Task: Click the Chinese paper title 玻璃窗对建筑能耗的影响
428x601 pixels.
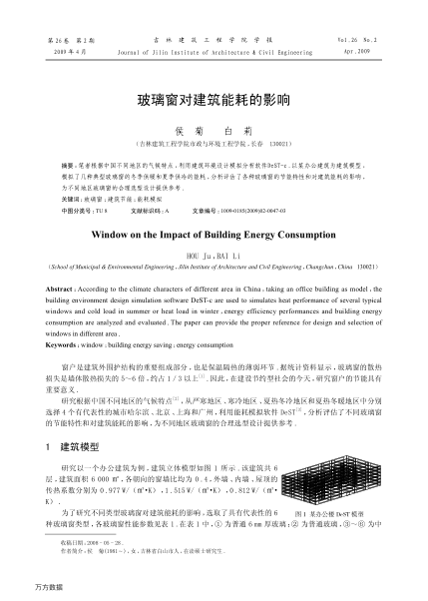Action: [x=214, y=101]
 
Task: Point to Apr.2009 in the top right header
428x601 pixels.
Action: [x=382, y=48]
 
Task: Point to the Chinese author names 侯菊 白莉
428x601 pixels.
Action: [x=214, y=130]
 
